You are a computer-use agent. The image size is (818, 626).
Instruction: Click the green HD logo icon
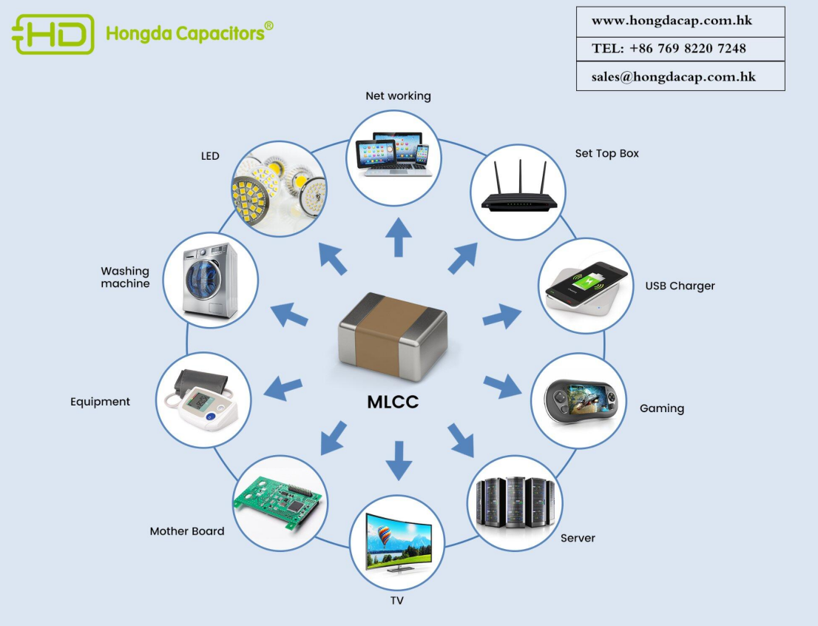pyautogui.click(x=53, y=34)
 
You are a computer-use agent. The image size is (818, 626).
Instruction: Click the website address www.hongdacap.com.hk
pyautogui.click(x=672, y=21)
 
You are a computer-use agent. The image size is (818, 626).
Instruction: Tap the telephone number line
pyautogui.click(x=669, y=49)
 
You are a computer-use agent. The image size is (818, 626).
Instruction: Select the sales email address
pyautogui.click(x=673, y=76)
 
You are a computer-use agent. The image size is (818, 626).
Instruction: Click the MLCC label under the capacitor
pyautogui.click(x=393, y=403)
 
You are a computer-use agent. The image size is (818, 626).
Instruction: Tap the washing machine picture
pyautogui.click(x=211, y=280)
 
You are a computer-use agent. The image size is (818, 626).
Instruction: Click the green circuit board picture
pyautogui.click(x=279, y=501)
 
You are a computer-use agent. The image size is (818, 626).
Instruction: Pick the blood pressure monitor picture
pyautogui.click(x=202, y=400)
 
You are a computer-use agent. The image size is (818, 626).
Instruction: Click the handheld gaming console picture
pyautogui.click(x=579, y=401)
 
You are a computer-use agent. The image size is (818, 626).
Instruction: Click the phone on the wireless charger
pyautogui.click(x=586, y=286)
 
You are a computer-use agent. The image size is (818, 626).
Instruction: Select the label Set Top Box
pyautogui.click(x=606, y=154)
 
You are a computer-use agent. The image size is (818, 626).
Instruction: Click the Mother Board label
pyautogui.click(x=186, y=531)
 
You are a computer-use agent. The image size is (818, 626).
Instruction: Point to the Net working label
pyautogui.click(x=398, y=96)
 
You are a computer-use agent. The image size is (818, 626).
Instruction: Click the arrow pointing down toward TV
pyautogui.click(x=398, y=459)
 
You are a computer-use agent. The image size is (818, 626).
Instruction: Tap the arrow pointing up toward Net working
pyautogui.click(x=398, y=237)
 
